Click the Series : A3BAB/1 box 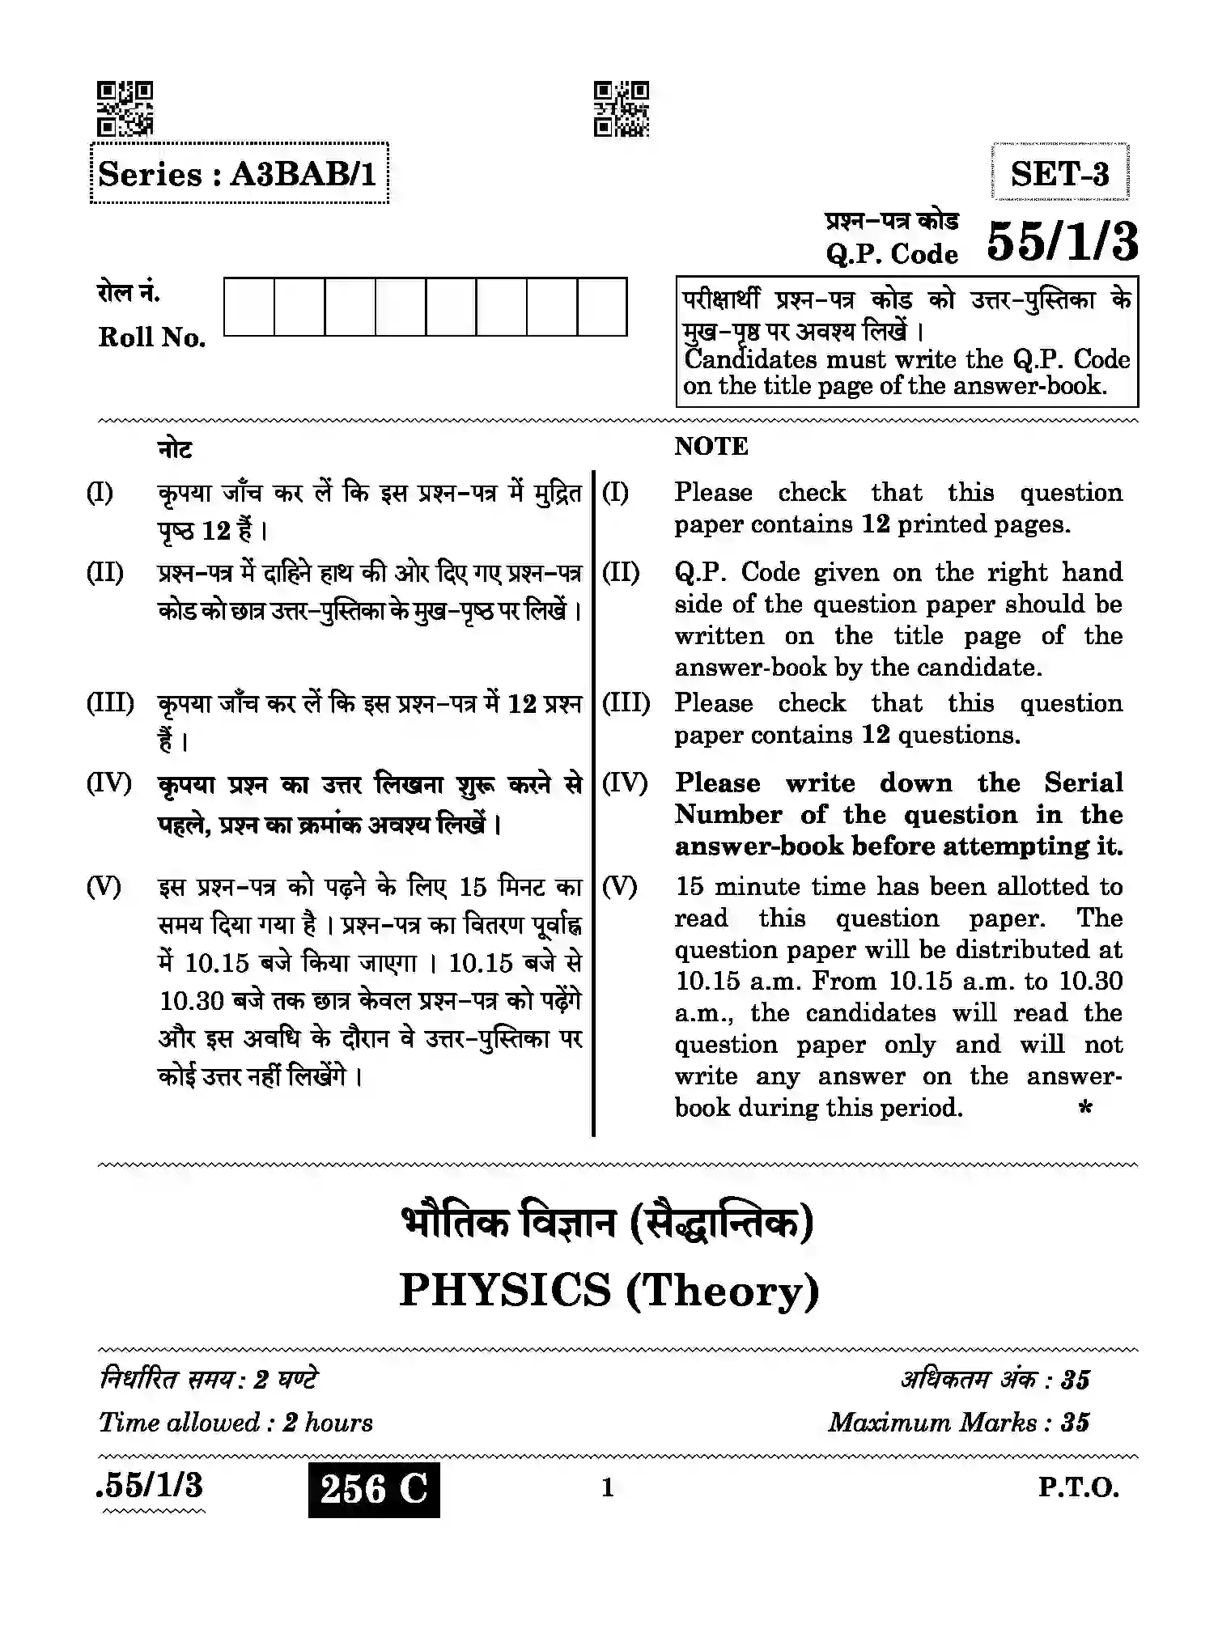pos(239,174)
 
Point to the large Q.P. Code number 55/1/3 pos(1062,242)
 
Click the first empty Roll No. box pos(249,307)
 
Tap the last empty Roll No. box pos(602,307)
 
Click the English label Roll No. pos(151,337)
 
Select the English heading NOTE pos(711,446)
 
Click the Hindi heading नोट pos(175,448)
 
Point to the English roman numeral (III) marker pos(626,702)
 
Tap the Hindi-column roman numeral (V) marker pos(104,887)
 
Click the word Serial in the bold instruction pos(1083,783)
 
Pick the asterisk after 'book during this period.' pos(1085,1106)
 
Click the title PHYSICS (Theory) pos(609,1290)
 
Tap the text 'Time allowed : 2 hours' pos(236,1422)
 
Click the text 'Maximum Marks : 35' pos(958,1422)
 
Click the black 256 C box pos(374,1489)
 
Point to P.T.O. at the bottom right pos(1079,1487)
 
